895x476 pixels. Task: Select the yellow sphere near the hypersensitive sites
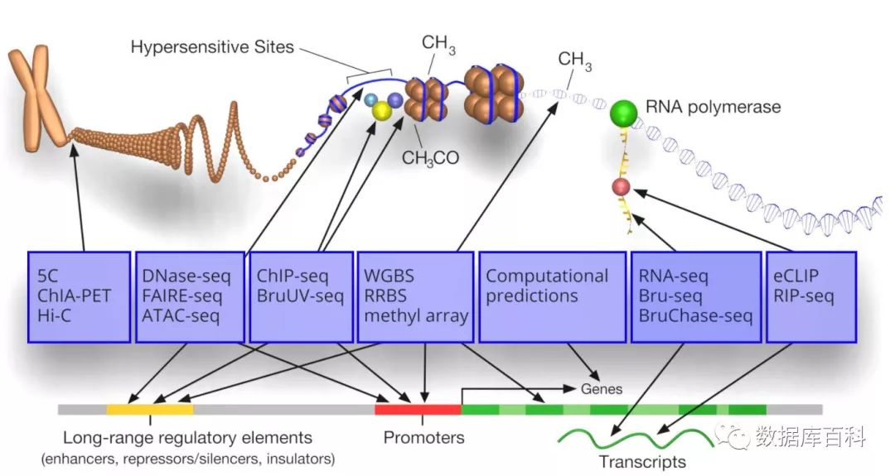coord(382,111)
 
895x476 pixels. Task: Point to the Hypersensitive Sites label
coord(212,47)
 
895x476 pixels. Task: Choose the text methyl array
coord(415,315)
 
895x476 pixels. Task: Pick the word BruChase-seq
coord(695,315)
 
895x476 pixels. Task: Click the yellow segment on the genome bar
coord(149,409)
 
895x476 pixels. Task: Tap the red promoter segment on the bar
coord(418,409)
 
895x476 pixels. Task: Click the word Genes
coord(601,388)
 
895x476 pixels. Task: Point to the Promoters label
coord(423,437)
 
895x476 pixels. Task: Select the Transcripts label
coord(643,461)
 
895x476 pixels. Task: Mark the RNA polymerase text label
coord(713,108)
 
